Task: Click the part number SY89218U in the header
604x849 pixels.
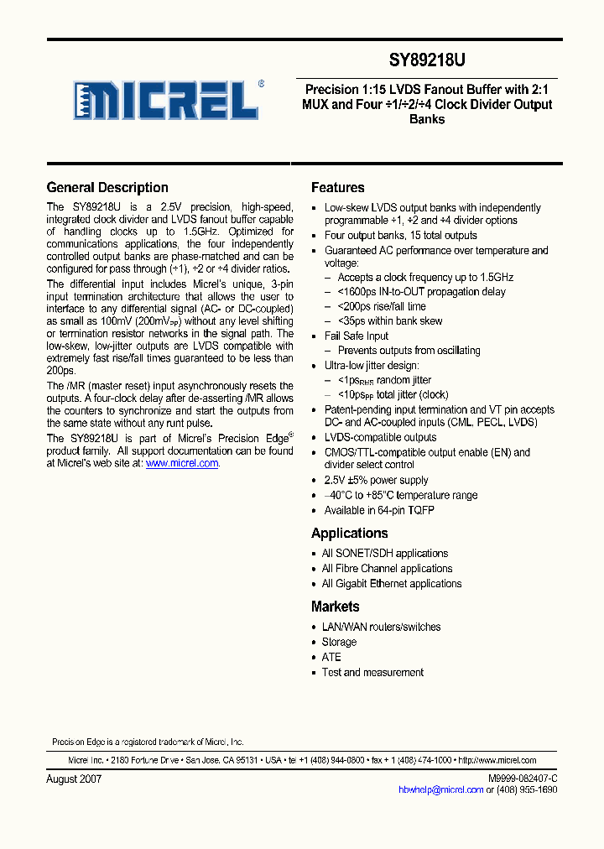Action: (x=427, y=60)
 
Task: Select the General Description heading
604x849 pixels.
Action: (x=107, y=188)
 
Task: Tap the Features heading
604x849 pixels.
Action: (x=337, y=188)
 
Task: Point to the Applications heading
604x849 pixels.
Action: (x=349, y=534)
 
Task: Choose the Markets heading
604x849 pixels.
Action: (x=335, y=607)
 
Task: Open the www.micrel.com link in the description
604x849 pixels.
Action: (x=182, y=463)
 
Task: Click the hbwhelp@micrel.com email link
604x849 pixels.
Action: (x=440, y=789)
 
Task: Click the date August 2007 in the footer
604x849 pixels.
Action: (x=74, y=779)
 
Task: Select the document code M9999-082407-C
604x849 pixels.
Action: (x=522, y=779)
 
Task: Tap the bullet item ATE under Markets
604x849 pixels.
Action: (x=331, y=657)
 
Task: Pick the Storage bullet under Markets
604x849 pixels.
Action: (x=339, y=642)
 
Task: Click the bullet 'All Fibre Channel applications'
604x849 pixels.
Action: (x=387, y=569)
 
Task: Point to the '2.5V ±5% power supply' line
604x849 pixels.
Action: (x=376, y=481)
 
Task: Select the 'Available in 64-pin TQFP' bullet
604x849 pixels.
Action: (x=379, y=510)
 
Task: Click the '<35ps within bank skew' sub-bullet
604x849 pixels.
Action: (x=389, y=321)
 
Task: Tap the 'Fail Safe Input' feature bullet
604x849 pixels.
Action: (x=357, y=336)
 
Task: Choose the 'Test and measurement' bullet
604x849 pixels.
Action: (x=373, y=672)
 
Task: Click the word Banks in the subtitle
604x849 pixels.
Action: (x=427, y=119)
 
